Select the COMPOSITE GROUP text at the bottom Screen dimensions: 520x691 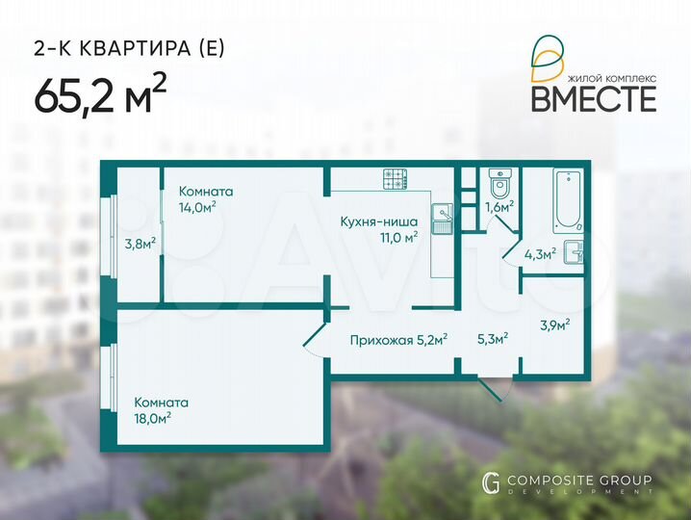coord(578,480)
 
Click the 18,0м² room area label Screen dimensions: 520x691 coord(153,418)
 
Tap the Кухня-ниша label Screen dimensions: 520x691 coord(378,221)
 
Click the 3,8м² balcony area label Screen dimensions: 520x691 coord(140,244)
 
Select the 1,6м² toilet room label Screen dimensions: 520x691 coord(499,206)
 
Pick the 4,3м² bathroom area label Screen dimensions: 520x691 coord(539,255)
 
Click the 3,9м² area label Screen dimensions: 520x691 coord(554,325)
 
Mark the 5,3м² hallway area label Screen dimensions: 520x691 coord(493,338)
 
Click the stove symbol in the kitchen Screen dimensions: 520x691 coord(396,179)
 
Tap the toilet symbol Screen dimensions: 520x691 coord(499,182)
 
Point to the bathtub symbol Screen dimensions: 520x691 coord(565,197)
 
